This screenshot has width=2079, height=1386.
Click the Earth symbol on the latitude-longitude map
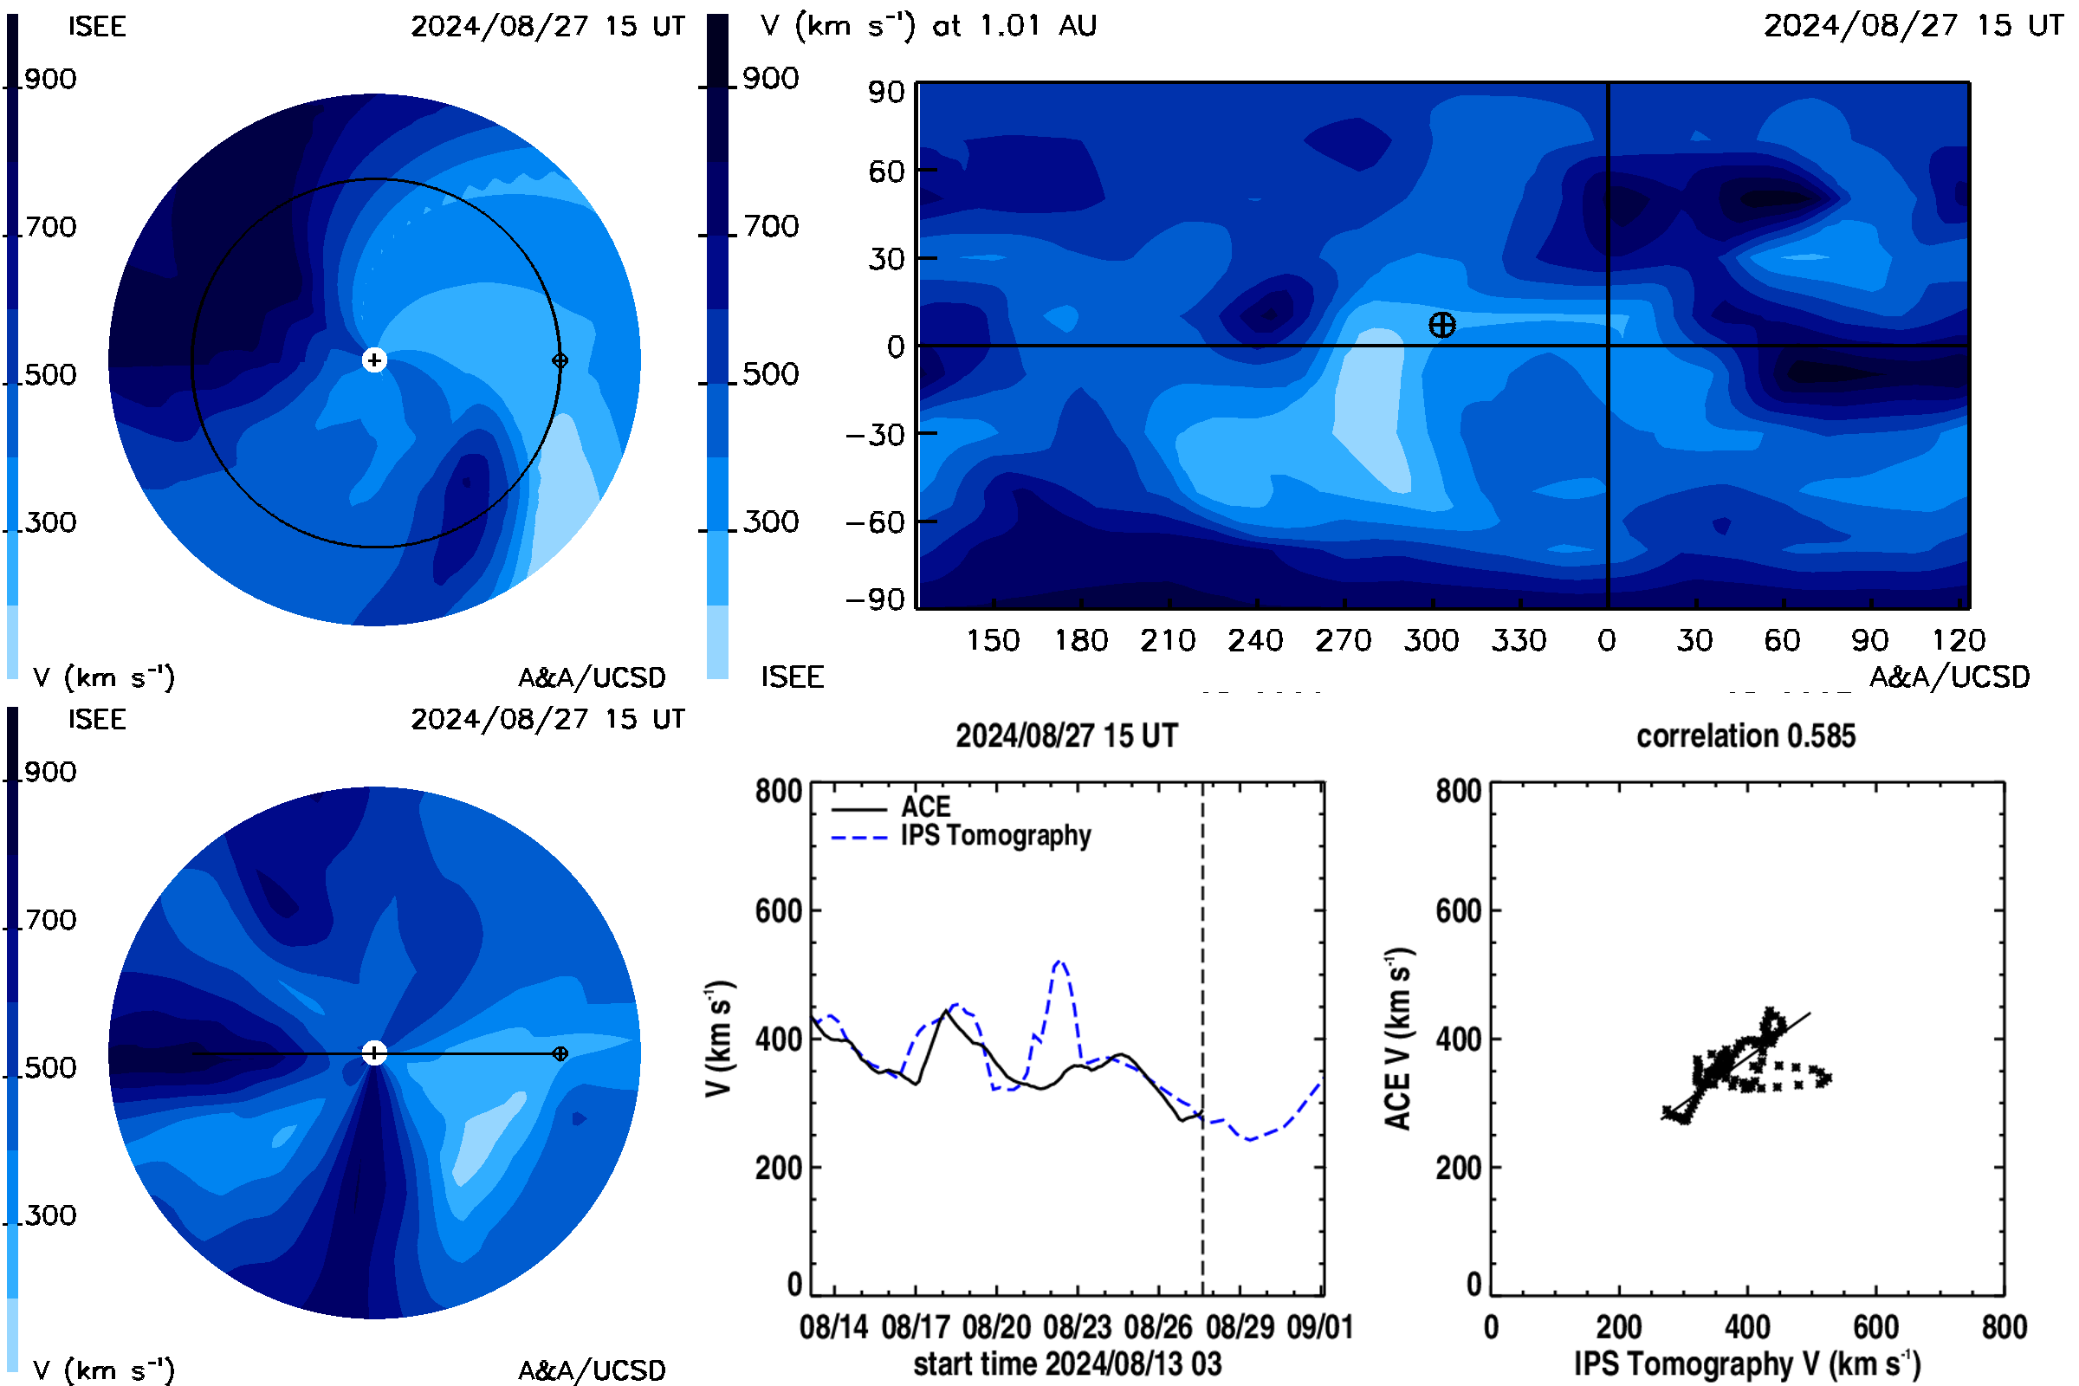[1441, 326]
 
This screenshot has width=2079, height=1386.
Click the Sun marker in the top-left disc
[375, 359]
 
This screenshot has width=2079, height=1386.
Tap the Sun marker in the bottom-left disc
[375, 1052]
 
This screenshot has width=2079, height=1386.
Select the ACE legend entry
[891, 807]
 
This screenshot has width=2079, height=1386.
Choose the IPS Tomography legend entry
[961, 835]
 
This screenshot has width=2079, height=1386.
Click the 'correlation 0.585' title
[1745, 735]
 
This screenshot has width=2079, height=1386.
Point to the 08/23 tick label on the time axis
[1077, 1327]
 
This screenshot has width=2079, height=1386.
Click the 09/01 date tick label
[1319, 1327]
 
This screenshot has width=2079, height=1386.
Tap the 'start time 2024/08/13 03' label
[1068, 1363]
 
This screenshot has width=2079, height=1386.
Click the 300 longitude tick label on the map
[1431, 640]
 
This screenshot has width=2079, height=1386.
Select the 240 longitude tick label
[1255, 640]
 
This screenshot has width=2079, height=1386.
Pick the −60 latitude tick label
[875, 522]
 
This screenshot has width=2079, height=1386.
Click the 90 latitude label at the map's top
[885, 92]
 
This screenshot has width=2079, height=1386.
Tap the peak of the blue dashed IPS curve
[1059, 961]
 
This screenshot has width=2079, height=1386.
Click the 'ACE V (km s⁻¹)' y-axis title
[1398, 1039]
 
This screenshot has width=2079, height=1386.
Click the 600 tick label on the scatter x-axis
[1875, 1327]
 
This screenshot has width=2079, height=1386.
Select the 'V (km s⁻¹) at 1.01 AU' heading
[928, 26]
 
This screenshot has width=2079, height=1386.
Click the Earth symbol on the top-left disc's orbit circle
[560, 359]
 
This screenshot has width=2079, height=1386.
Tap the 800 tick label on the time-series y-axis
[779, 790]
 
